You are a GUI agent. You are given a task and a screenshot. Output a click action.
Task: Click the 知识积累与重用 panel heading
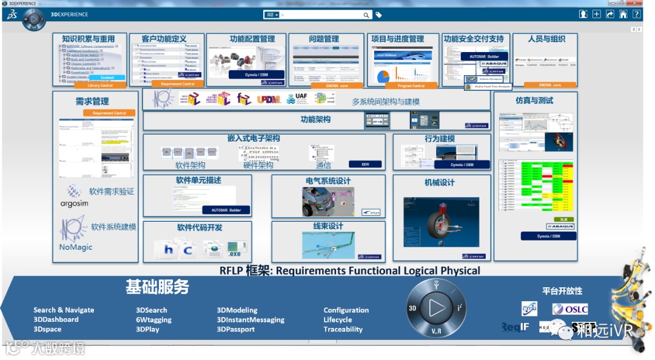(x=89, y=39)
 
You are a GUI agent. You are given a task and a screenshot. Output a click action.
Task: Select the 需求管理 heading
(x=92, y=101)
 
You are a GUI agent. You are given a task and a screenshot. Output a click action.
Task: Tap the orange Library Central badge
(x=101, y=85)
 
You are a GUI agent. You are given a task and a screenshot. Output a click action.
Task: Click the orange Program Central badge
(x=411, y=86)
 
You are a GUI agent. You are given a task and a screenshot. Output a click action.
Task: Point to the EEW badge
(x=366, y=164)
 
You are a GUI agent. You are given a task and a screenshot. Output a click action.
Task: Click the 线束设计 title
(x=328, y=227)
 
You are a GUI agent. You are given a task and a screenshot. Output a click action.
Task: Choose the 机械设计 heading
(x=439, y=182)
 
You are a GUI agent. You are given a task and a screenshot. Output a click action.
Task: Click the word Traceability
(x=343, y=330)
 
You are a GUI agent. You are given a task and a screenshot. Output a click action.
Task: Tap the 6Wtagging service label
(x=153, y=320)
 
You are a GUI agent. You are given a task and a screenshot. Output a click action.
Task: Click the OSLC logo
(x=569, y=309)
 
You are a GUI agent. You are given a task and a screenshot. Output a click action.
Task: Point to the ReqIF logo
(x=516, y=327)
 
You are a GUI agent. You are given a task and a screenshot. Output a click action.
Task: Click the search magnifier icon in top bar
(x=366, y=15)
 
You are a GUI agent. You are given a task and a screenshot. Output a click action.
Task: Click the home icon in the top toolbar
(x=623, y=15)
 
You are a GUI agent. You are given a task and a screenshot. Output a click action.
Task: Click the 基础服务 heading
(x=157, y=287)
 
